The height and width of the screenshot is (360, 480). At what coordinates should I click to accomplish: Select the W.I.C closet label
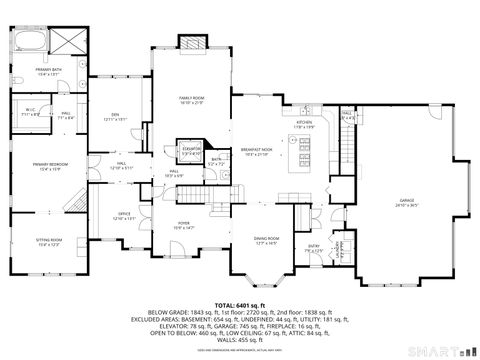[x=29, y=113]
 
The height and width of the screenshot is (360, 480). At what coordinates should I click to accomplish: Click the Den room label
[x=114, y=117]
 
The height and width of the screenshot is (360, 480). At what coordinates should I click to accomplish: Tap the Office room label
[x=124, y=216]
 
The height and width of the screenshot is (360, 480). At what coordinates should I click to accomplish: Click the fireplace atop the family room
[x=192, y=43]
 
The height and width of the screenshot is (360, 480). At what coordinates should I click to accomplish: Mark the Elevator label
[x=189, y=151]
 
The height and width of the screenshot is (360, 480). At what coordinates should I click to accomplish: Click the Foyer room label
[x=184, y=225]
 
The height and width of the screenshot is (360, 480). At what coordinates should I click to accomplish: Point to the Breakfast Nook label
[x=259, y=152]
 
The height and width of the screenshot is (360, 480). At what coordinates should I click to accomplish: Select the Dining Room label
[x=266, y=241]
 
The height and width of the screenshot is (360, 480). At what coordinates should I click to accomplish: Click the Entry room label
[x=314, y=247]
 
